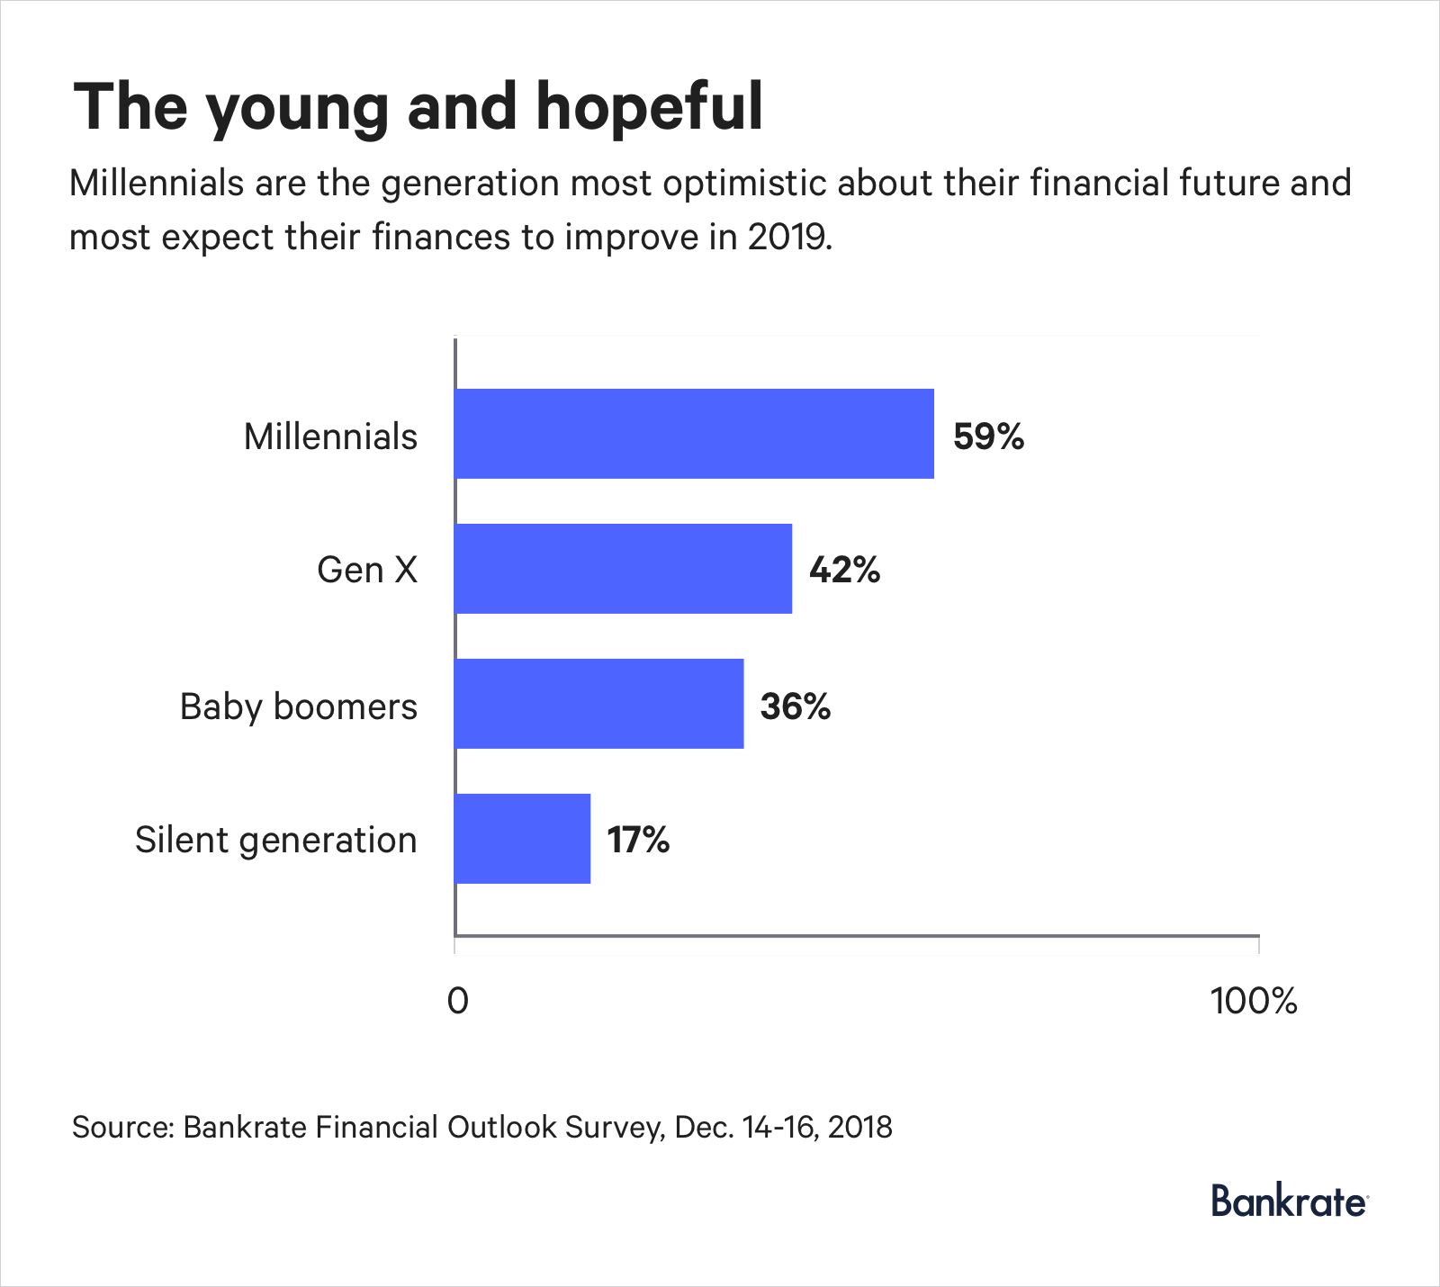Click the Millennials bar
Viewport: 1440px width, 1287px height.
(694, 434)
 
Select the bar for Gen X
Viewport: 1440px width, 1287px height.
(623, 569)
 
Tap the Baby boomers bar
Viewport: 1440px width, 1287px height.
(598, 704)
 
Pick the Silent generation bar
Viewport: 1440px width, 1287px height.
(522, 839)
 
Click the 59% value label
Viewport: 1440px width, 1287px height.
(988, 436)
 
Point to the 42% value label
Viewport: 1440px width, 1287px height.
(844, 570)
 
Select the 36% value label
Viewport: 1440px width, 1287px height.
(795, 706)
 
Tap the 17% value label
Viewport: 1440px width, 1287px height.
(638, 841)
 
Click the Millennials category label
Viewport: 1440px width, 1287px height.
(330, 436)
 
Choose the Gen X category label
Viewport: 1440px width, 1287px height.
(367, 570)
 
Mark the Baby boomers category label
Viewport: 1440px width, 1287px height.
(299, 706)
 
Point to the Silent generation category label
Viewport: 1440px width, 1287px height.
(276, 841)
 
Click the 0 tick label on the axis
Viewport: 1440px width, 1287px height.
(457, 1001)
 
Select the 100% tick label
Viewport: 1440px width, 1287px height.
(1254, 1001)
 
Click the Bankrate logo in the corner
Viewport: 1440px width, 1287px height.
(1289, 1201)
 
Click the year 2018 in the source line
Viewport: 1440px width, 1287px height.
(859, 1127)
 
